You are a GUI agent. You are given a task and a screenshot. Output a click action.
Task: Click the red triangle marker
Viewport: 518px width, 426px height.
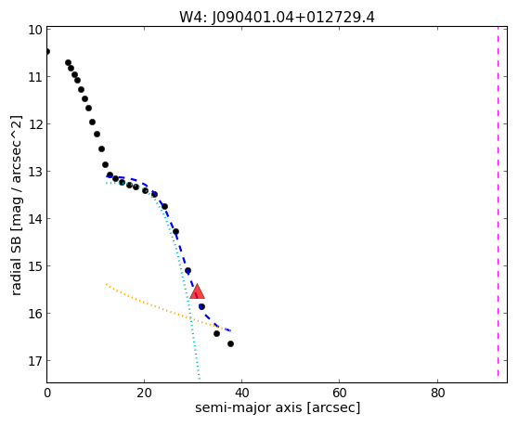point(197,291)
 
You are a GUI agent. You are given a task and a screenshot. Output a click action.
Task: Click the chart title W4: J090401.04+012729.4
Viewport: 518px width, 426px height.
point(277,18)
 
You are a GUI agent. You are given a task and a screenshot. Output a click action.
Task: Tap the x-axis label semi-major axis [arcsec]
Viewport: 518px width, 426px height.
point(278,407)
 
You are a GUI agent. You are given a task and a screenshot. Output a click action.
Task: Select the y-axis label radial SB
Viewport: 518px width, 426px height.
point(16,262)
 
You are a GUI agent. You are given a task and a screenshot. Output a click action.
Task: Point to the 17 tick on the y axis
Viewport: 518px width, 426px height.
point(35,361)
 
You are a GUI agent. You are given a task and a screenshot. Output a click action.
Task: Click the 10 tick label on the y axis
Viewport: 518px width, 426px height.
point(35,30)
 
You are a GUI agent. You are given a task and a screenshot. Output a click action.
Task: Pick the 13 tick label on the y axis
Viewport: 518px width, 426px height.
point(35,172)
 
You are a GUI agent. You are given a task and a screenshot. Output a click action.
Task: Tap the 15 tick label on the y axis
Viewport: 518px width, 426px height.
point(35,266)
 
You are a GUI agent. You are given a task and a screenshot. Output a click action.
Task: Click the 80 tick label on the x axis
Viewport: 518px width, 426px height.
point(437,393)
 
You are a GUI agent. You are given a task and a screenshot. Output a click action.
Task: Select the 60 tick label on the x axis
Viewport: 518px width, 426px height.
point(340,393)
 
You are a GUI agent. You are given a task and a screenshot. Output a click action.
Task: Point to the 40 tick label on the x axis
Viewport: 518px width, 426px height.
point(241,393)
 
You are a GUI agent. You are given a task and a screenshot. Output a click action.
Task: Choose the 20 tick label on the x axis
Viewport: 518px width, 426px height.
point(145,393)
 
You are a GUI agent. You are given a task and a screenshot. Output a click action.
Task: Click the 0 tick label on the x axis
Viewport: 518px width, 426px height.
point(47,393)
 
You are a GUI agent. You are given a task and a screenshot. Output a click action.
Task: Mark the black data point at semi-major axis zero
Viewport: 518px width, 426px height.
point(47,52)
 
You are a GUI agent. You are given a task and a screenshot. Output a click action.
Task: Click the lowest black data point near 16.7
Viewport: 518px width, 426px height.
point(230,343)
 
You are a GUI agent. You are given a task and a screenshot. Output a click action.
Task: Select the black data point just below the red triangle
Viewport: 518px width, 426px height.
point(201,307)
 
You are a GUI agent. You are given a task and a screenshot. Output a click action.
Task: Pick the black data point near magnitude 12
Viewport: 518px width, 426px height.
point(92,123)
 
